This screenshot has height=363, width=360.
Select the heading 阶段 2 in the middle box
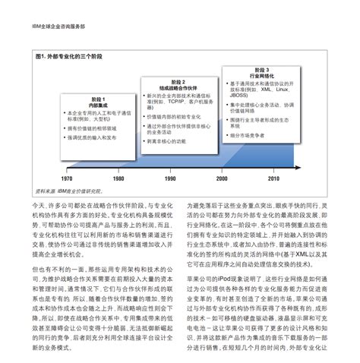click(178, 80)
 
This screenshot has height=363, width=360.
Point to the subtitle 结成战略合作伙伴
click(178, 87)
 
